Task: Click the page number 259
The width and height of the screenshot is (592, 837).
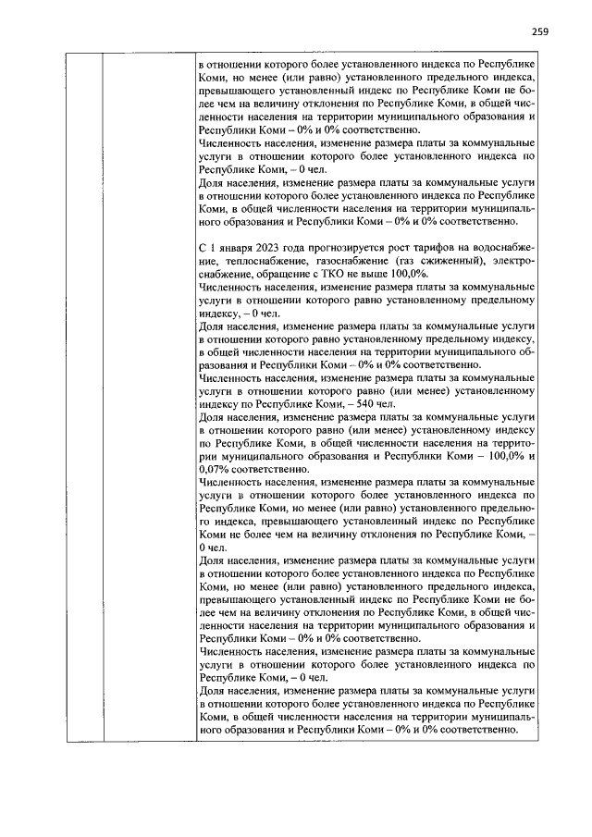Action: click(x=540, y=32)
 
